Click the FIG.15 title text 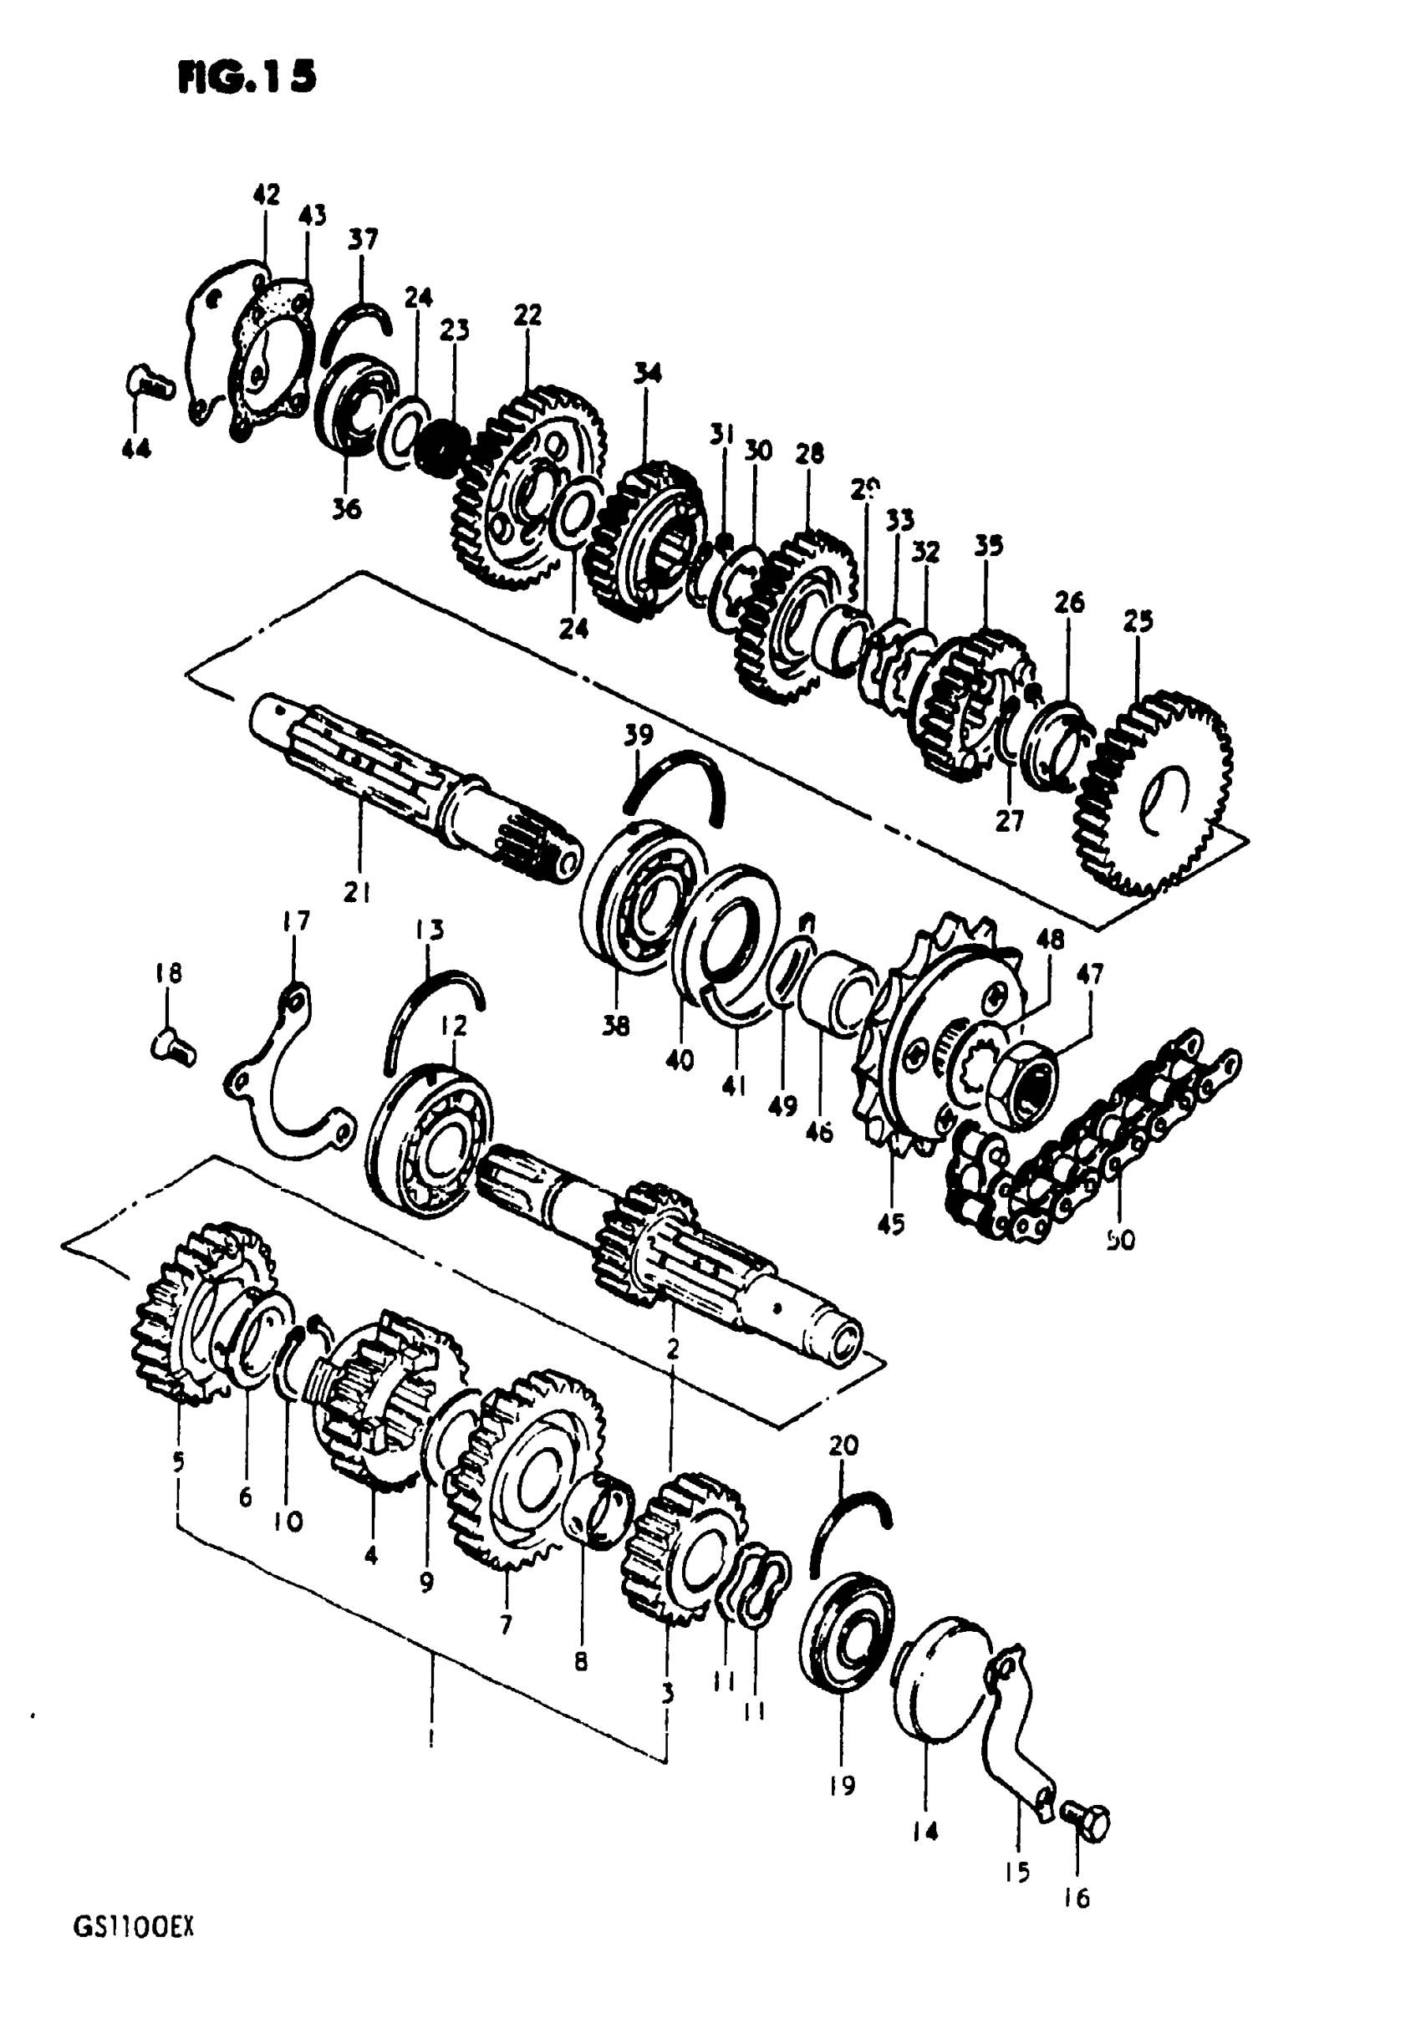click(x=247, y=78)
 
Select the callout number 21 click(x=357, y=894)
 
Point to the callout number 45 click(x=891, y=1223)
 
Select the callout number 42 click(x=267, y=194)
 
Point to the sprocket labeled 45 click(x=932, y=1038)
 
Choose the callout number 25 click(x=1138, y=622)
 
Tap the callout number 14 click(x=925, y=1832)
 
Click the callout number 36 click(x=348, y=508)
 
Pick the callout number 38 click(x=616, y=1025)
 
